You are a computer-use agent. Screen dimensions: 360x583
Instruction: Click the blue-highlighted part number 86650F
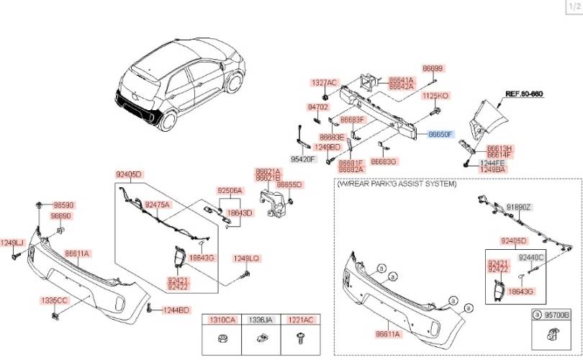tap(440, 135)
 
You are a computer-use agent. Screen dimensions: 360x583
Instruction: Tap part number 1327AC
tap(324, 83)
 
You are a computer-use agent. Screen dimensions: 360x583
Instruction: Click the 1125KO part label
tap(435, 96)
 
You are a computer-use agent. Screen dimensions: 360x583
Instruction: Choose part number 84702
tap(317, 107)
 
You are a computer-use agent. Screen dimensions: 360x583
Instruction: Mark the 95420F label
tap(303, 159)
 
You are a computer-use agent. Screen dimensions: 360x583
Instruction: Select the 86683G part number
tap(384, 162)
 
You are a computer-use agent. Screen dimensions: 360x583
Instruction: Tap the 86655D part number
tap(289, 184)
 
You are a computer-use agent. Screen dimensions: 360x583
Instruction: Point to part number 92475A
tap(158, 204)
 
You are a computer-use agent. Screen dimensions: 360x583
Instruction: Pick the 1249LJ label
tap(12, 242)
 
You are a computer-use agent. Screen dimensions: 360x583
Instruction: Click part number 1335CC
tap(54, 299)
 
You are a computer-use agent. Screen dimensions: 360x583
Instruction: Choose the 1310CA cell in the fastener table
tap(222, 319)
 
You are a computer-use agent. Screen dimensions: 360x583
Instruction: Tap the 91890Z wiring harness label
tap(518, 207)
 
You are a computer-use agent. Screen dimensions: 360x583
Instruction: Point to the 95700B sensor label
tap(556, 315)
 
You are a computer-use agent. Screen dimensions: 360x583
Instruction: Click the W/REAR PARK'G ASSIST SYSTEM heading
tap(397, 184)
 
